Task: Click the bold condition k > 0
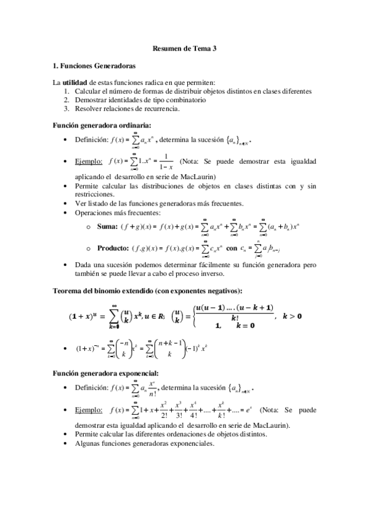tap(293, 316)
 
